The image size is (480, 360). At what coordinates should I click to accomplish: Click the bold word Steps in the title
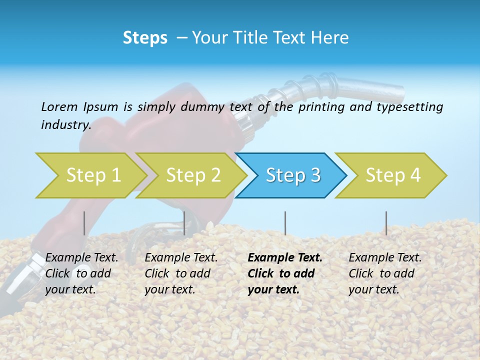coord(145,38)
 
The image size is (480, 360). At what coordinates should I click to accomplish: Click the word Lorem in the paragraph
coord(59,106)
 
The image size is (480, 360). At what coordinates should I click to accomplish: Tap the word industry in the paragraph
coord(65,124)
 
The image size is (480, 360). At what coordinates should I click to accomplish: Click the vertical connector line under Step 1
coord(84,223)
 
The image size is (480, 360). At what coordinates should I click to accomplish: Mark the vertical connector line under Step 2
coord(184,223)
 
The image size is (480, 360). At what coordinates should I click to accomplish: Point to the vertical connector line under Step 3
coord(285,223)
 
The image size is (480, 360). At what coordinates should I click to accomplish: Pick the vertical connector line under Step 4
coord(386,223)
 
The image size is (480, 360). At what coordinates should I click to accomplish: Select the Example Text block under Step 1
coord(81,273)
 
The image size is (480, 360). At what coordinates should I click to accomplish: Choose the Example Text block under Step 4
coord(384,273)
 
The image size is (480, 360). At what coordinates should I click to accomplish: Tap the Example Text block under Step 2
coord(181,273)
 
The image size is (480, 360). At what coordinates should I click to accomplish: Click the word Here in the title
coord(329,38)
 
